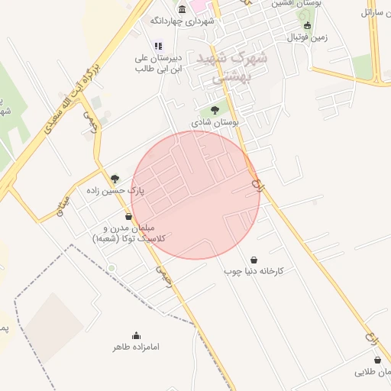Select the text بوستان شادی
point(215,121)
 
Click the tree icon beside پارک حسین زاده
point(115,179)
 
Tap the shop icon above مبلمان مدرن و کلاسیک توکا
point(128,216)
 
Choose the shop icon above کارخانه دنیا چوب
point(254,260)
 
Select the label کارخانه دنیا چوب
point(254,271)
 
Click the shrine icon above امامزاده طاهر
point(136,335)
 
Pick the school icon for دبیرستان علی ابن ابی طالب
point(157,46)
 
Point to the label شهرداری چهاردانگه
point(183,21)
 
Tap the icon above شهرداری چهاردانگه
point(182,9)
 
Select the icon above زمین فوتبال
point(307,25)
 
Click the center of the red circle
point(195,195)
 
